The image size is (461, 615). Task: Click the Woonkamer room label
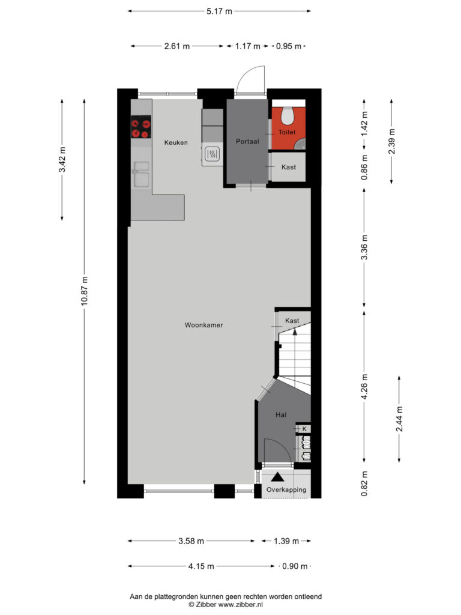(x=204, y=325)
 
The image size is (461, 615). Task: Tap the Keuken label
(x=176, y=142)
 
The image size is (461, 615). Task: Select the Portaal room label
(x=247, y=141)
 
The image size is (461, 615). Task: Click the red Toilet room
(x=289, y=129)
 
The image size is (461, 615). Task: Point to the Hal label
(x=281, y=414)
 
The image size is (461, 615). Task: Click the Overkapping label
(x=286, y=489)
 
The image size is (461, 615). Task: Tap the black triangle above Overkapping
(x=278, y=477)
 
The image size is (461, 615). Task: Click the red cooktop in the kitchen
(x=140, y=127)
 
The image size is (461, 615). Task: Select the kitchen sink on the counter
(x=141, y=174)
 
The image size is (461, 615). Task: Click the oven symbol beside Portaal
(x=212, y=154)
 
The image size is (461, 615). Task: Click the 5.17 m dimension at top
(x=219, y=11)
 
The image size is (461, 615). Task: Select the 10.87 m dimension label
(x=85, y=291)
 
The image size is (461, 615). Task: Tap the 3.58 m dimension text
(x=191, y=541)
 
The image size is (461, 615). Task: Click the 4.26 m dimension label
(x=364, y=386)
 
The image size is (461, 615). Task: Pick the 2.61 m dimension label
(x=177, y=46)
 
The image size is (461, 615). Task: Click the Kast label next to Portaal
(x=289, y=167)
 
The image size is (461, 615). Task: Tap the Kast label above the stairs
(x=292, y=321)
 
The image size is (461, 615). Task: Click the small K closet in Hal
(x=304, y=429)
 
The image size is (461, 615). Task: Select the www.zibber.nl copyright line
(x=226, y=604)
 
